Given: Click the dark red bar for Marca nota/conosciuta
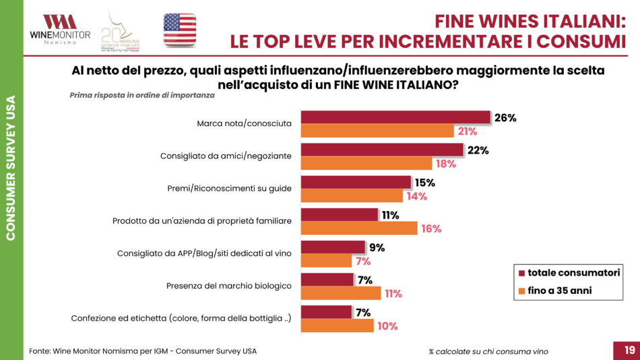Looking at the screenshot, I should pyautogui.click(x=395, y=118).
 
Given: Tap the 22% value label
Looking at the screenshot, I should pyautogui.click(x=478, y=150).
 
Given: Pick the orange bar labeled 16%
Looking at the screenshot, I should pyautogui.click(x=359, y=229).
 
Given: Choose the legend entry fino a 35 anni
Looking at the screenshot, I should pyautogui.click(x=559, y=291).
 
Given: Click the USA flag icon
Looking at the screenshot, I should pyautogui.click(x=179, y=30).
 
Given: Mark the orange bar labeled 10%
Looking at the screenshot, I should pyautogui.click(x=337, y=326).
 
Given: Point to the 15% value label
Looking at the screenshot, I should pyautogui.click(x=425, y=183).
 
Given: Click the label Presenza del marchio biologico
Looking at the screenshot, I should pyautogui.click(x=229, y=286).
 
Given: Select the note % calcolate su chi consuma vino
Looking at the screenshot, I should pyautogui.click(x=488, y=351).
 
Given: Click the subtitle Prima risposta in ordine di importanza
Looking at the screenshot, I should pyautogui.click(x=142, y=95).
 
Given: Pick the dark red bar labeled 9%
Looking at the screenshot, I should pyautogui.click(x=333, y=247).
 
